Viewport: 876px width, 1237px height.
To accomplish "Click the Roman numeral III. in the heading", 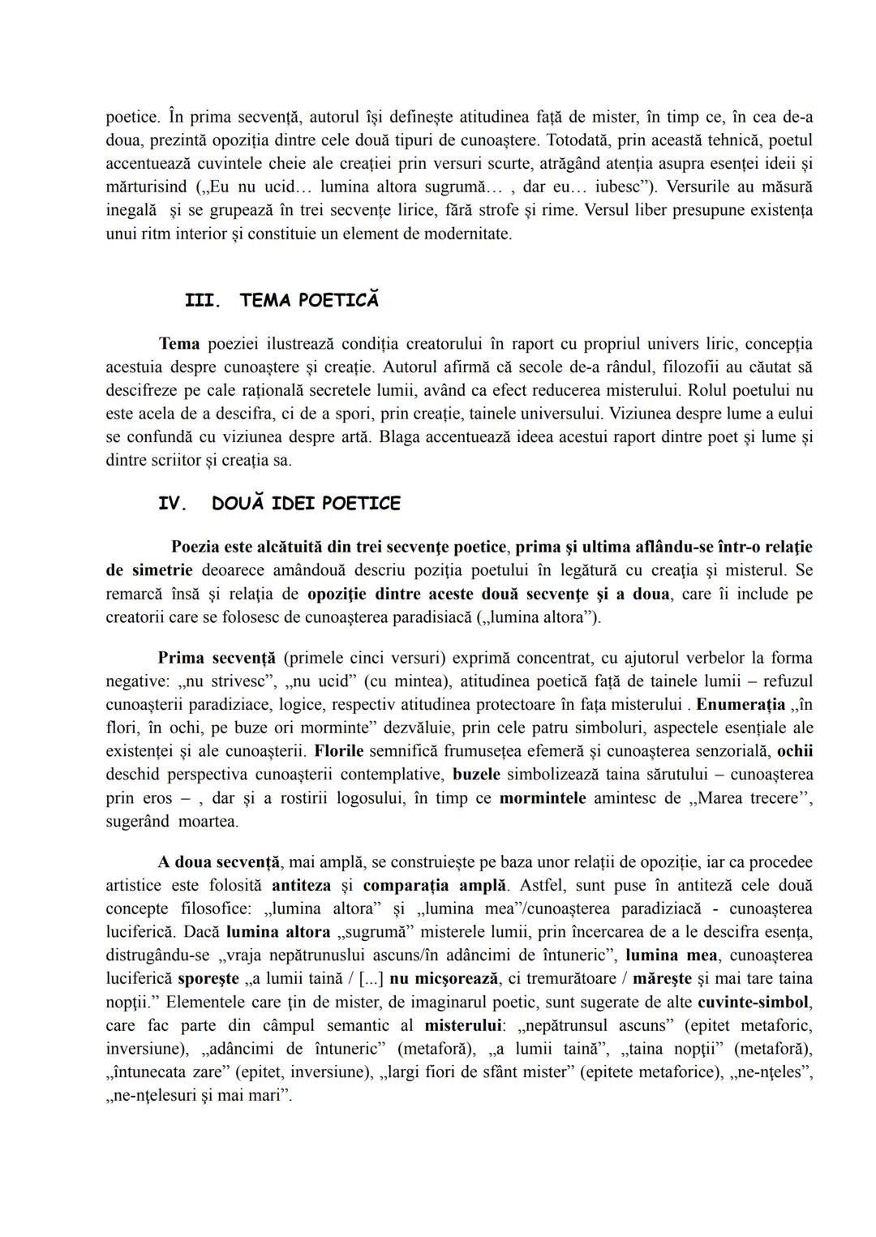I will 201,301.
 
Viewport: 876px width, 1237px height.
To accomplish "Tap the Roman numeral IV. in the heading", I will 173,504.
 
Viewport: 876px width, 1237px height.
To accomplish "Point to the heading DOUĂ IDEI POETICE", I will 306,504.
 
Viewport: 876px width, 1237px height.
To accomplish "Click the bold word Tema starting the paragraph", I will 179,343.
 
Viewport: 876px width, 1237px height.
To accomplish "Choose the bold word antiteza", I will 302,884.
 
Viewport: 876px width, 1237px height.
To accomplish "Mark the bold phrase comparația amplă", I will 430,884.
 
